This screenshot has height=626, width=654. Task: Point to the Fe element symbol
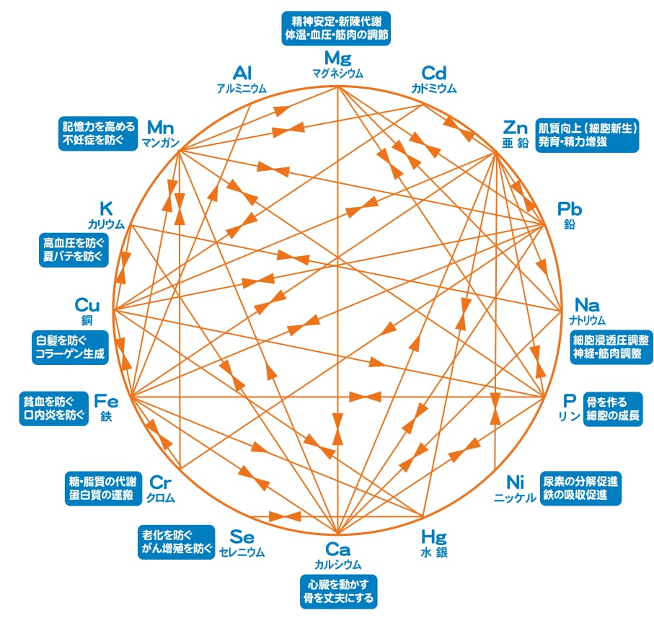[106, 400]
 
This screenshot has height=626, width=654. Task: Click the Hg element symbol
[433, 537]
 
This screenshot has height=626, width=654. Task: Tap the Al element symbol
[242, 73]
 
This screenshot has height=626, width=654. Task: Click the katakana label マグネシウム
[337, 74]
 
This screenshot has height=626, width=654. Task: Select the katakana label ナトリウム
[585, 319]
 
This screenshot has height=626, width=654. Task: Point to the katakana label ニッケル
[515, 498]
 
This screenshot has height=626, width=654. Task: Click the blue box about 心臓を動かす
[337, 589]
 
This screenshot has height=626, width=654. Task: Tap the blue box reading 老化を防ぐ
[176, 542]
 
